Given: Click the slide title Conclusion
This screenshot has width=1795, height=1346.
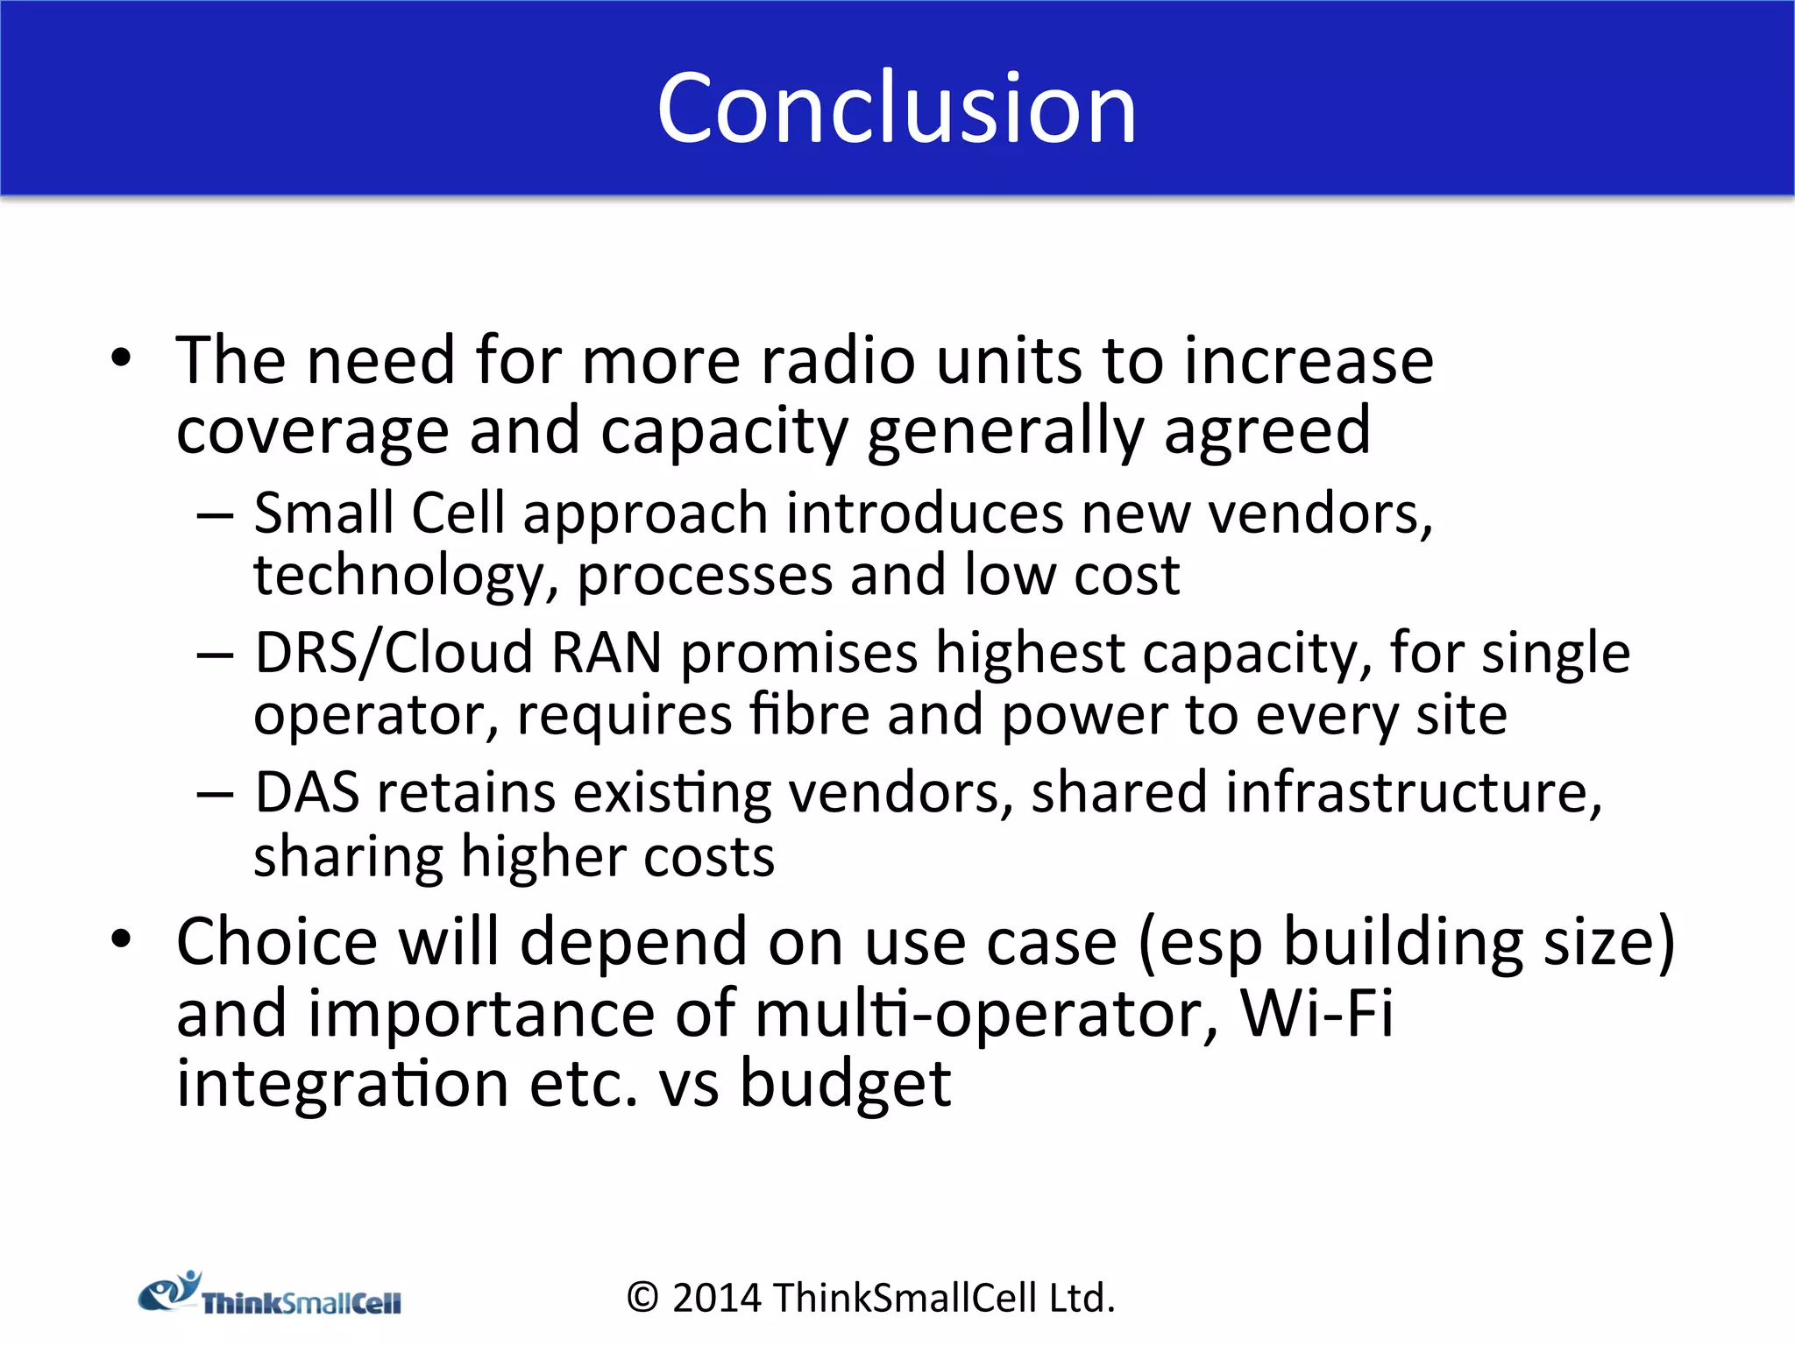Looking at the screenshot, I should [x=897, y=108].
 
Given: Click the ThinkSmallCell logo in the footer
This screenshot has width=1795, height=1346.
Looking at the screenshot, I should [x=270, y=1295].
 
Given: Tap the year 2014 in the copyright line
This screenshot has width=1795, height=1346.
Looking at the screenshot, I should [x=716, y=1298].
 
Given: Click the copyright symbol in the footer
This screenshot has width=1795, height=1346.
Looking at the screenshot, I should [x=642, y=1298].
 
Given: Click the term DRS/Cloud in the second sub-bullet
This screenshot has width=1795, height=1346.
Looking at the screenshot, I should [x=394, y=653].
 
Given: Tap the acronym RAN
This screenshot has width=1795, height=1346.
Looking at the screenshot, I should [x=606, y=653].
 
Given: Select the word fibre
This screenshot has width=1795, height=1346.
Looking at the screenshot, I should [x=809, y=715].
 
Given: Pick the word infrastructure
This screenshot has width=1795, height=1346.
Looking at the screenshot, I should [x=1413, y=793].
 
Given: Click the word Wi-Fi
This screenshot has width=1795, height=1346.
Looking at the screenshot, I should [x=1316, y=1014].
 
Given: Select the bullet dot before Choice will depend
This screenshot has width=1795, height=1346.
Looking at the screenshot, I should [x=121, y=939].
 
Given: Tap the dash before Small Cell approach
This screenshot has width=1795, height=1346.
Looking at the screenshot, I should [x=215, y=515].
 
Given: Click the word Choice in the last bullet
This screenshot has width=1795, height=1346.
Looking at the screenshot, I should [x=277, y=942].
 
